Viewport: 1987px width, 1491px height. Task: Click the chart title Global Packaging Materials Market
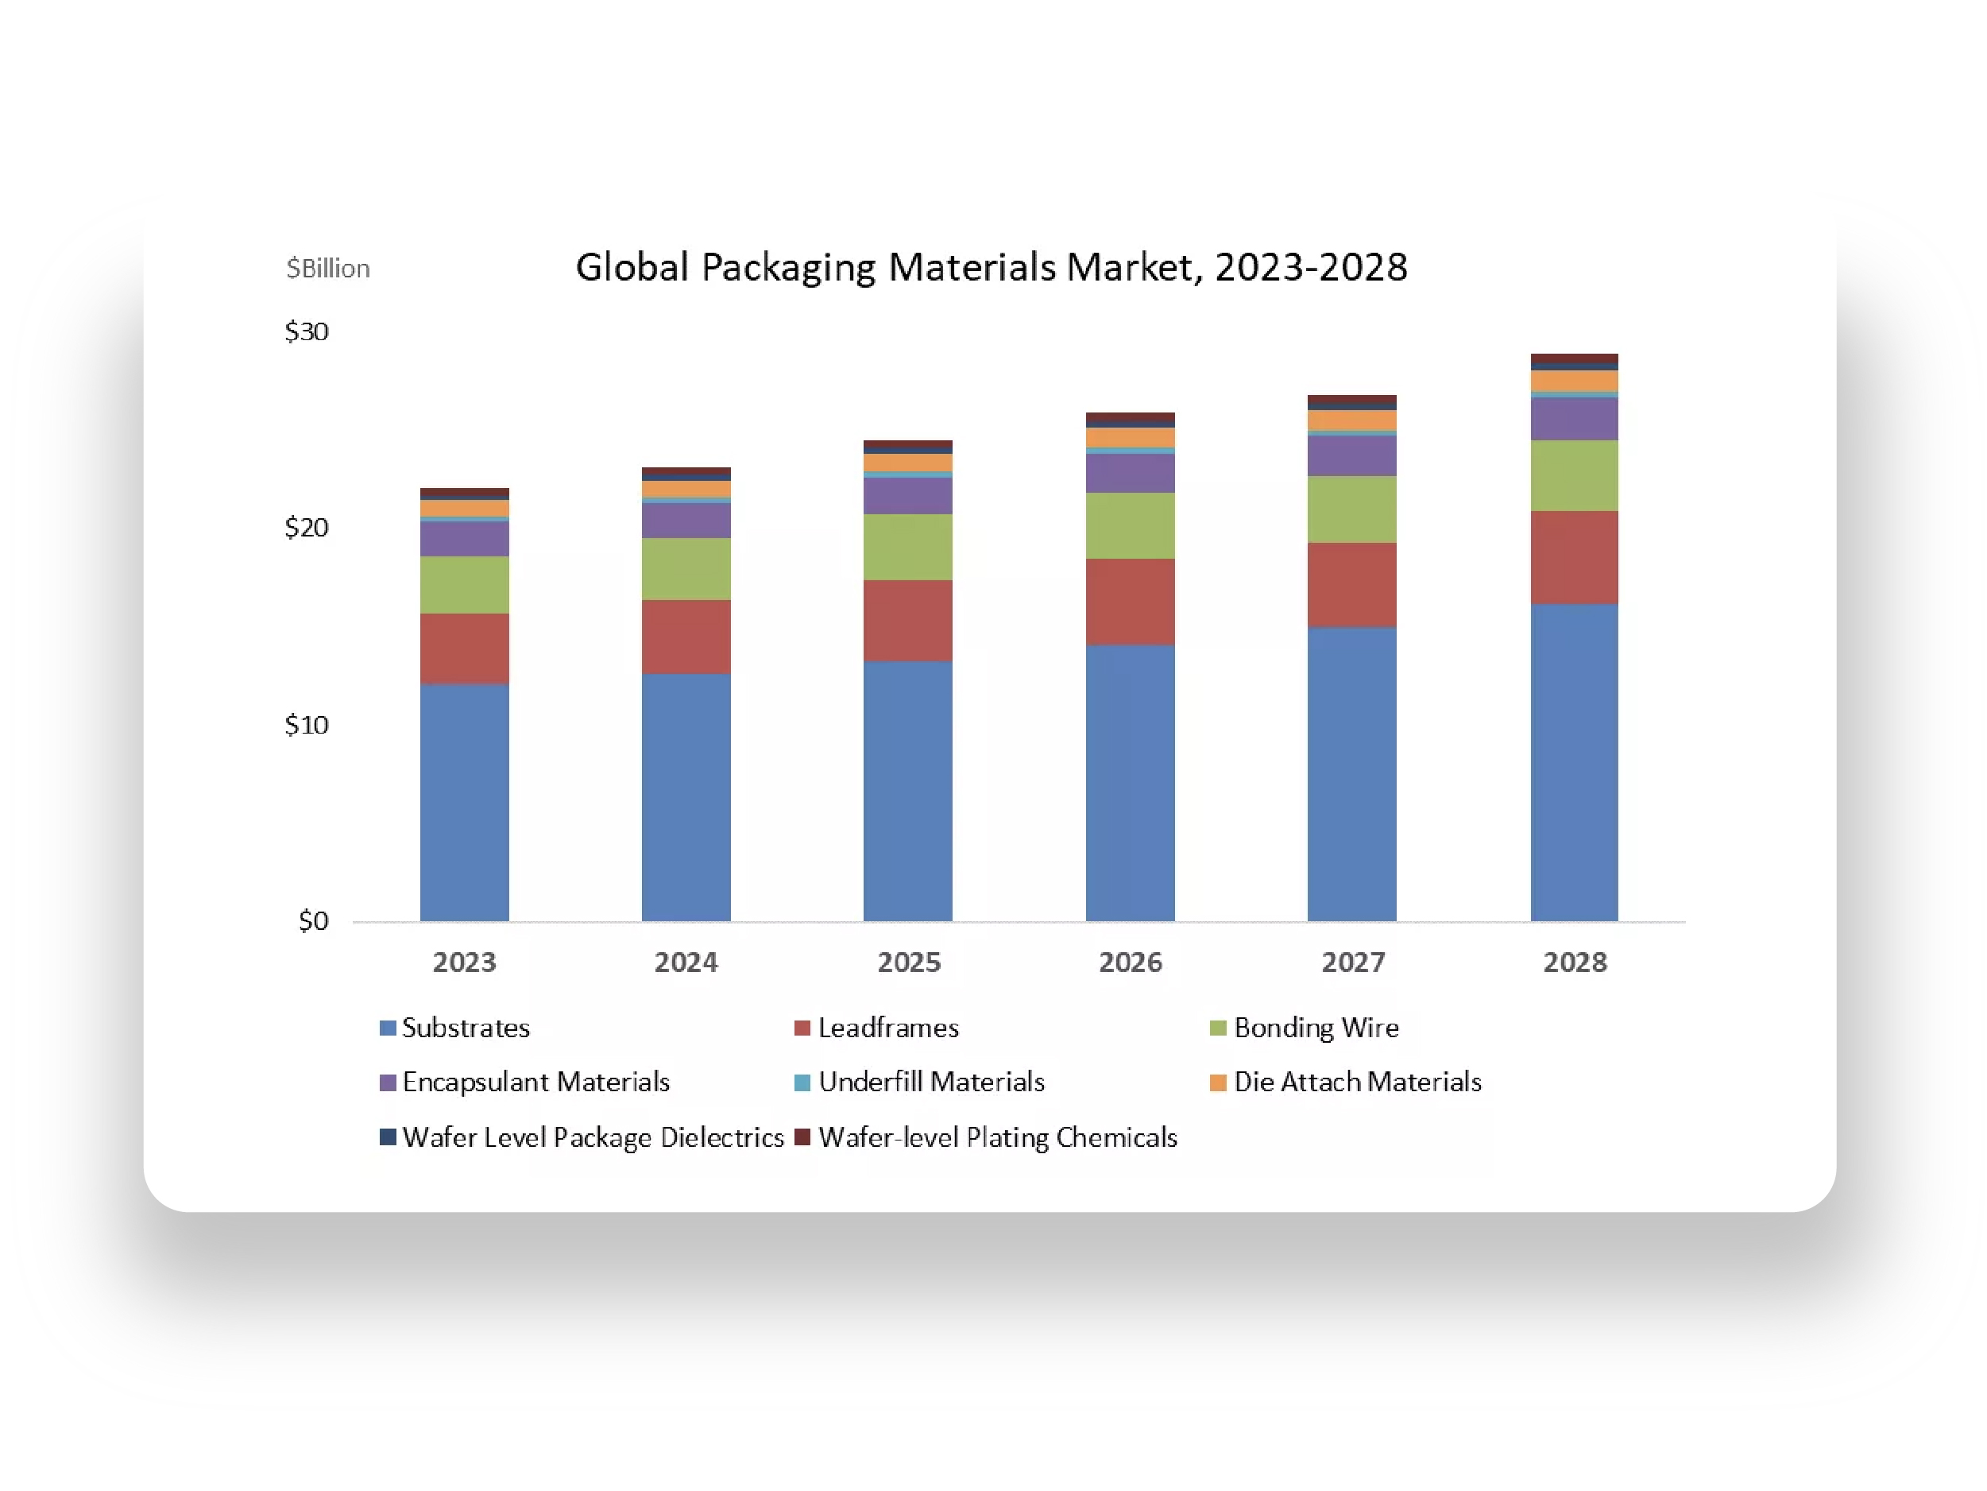click(x=991, y=267)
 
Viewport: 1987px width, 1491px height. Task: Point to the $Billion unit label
click(x=328, y=268)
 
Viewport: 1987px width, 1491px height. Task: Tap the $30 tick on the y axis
click(x=307, y=331)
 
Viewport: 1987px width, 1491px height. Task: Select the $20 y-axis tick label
click(x=307, y=528)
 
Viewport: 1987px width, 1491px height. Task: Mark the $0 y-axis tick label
click(x=314, y=920)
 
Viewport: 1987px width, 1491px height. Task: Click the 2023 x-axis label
click(x=465, y=962)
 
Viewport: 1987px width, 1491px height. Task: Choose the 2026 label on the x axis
click(x=1130, y=962)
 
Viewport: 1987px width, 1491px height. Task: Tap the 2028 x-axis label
click(x=1575, y=962)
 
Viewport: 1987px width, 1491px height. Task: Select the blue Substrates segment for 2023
click(x=465, y=802)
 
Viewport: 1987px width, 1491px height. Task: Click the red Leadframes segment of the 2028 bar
click(x=1575, y=557)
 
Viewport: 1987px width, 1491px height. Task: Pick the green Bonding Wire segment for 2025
click(x=908, y=547)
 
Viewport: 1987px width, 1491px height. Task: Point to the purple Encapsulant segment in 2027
click(x=1352, y=455)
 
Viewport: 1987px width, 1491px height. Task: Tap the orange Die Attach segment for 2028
click(x=1575, y=381)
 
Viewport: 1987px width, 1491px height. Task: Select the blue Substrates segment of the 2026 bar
click(x=1130, y=782)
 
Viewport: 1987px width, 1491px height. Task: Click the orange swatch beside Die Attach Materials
click(x=1218, y=1082)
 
